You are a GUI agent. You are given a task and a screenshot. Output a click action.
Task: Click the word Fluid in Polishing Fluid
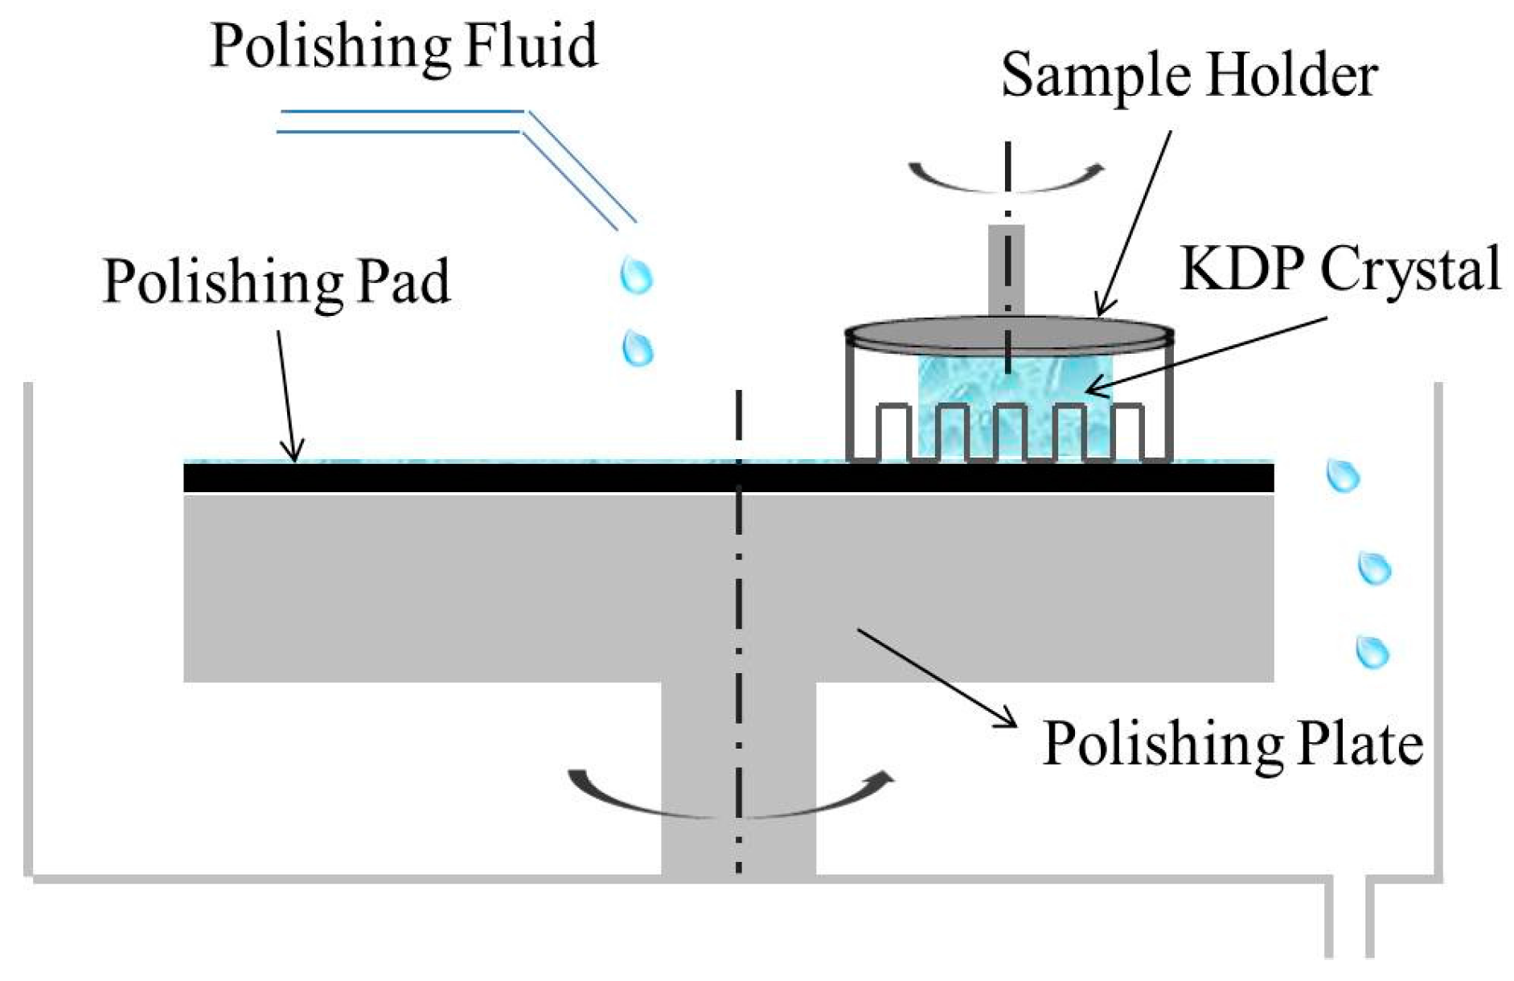[531, 45]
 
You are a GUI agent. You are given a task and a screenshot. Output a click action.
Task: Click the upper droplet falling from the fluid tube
[636, 276]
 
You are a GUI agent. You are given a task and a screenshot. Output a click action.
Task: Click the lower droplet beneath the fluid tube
[638, 349]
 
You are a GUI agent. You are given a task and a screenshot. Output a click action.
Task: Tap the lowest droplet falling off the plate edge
[1372, 651]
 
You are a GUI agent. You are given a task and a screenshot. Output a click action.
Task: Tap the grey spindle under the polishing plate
[738, 780]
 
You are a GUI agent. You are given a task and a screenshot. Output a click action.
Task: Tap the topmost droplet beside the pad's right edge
[1342, 476]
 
